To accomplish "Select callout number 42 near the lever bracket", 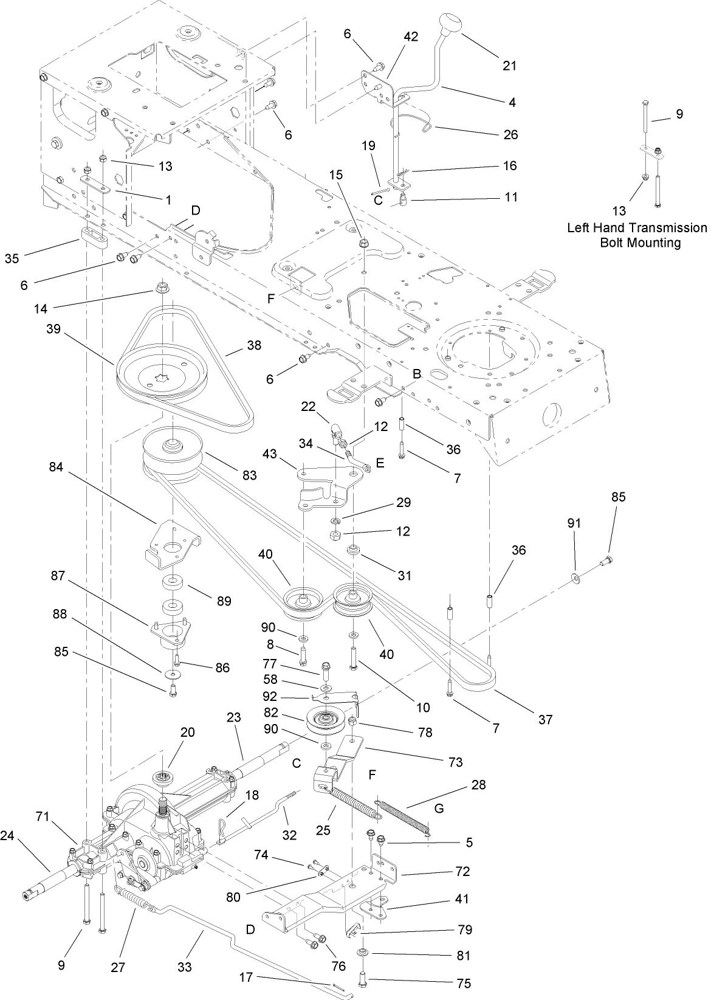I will tap(411, 36).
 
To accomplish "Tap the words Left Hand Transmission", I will tap(637, 228).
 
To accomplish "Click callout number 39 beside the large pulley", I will tap(54, 328).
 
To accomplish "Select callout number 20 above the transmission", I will tap(187, 732).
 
